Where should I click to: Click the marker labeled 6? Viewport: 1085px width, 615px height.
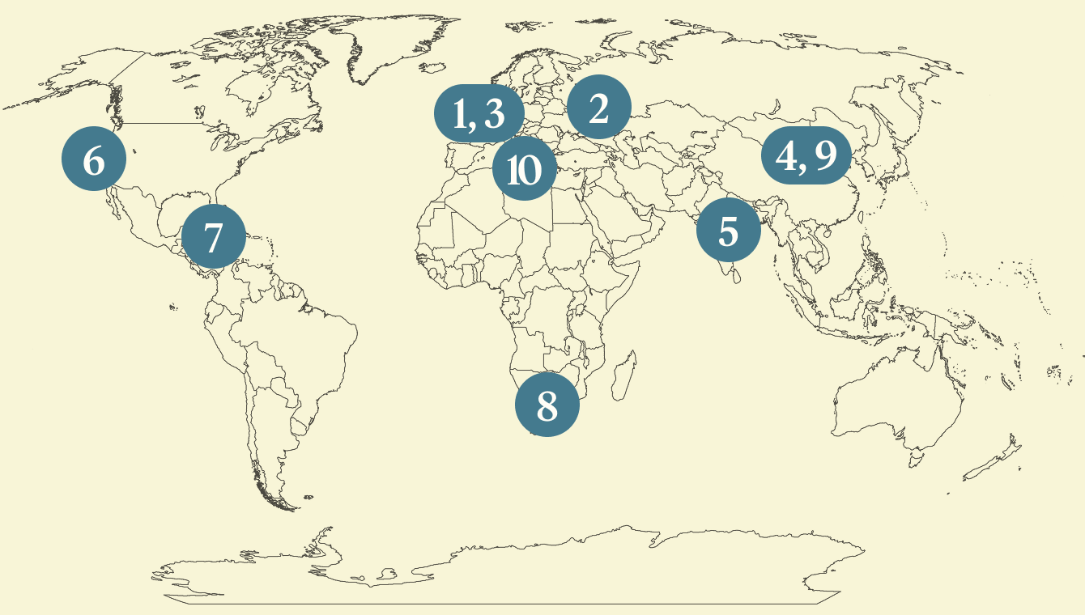tap(94, 160)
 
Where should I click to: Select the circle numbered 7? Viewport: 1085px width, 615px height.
tap(213, 238)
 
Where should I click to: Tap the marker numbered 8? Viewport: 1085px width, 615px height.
tap(547, 404)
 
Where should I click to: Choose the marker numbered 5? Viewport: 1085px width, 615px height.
tap(729, 231)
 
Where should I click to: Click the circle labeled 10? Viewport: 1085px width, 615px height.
tap(524, 170)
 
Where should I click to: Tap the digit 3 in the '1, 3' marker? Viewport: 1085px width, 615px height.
tap(494, 115)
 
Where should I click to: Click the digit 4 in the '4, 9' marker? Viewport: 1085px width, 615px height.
tap(785, 156)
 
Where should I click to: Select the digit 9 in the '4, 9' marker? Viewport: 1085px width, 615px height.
tap(825, 156)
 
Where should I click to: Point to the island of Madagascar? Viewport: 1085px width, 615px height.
tap(623, 376)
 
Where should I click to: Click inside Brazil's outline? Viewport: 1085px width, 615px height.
tap(308, 340)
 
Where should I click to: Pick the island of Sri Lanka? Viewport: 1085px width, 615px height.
tap(735, 276)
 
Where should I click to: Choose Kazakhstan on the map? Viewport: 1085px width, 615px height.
tap(688, 121)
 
